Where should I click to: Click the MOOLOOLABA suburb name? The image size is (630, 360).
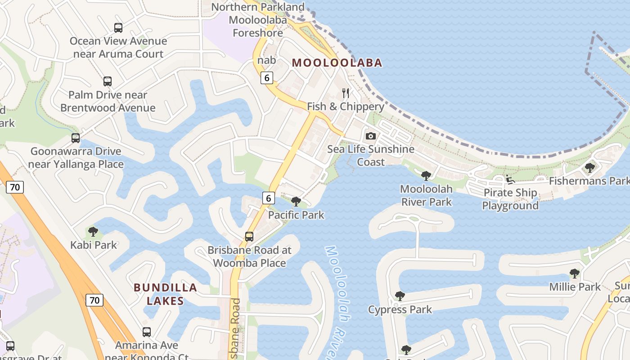[337, 63]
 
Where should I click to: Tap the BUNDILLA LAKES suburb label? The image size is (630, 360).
[165, 294]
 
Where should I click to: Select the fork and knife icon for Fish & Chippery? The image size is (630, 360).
[346, 93]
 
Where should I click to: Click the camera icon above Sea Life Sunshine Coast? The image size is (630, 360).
[371, 136]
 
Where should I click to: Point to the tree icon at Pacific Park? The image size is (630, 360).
[296, 201]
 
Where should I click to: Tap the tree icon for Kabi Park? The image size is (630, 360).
[93, 232]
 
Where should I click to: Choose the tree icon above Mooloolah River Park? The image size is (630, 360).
[426, 175]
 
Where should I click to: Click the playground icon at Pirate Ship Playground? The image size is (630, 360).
[510, 180]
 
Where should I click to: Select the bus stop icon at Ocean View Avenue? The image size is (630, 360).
[118, 28]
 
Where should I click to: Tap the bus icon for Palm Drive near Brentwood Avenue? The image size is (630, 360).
[108, 81]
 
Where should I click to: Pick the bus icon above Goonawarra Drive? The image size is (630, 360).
[76, 138]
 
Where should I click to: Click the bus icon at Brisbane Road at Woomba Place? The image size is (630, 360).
[249, 236]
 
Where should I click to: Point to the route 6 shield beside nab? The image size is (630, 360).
[267, 78]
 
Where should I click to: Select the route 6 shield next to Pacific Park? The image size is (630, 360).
[269, 197]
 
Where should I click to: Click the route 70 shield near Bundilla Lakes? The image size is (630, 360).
[94, 300]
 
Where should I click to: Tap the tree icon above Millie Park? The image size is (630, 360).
[574, 273]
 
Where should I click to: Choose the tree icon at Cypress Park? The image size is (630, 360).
[400, 296]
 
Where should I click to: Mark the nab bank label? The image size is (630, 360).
[266, 60]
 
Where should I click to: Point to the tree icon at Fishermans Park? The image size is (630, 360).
[589, 168]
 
